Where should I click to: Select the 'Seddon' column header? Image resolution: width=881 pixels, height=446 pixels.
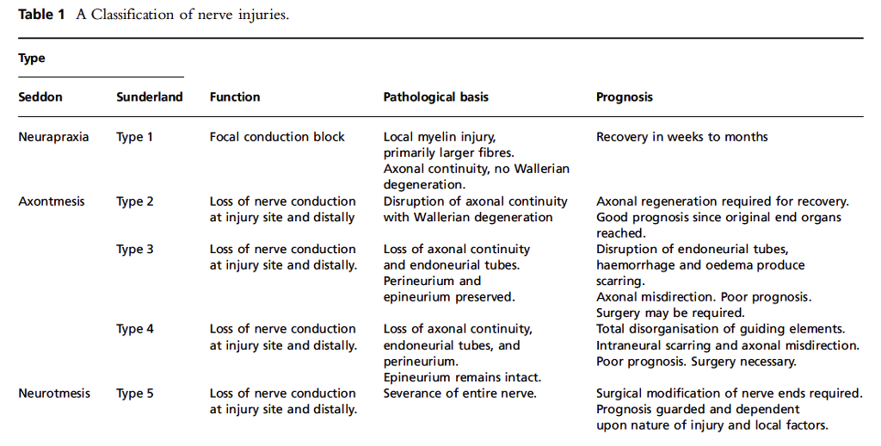[40, 97]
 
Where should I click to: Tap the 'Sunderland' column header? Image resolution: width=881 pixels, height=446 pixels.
[150, 97]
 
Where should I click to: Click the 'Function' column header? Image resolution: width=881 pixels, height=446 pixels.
[235, 97]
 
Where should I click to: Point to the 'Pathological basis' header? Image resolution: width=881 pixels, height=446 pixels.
[435, 97]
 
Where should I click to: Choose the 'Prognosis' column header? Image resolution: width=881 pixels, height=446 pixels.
[625, 97]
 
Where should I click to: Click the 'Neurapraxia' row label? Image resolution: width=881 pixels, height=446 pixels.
[53, 137]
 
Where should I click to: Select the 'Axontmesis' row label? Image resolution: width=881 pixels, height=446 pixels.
[52, 201]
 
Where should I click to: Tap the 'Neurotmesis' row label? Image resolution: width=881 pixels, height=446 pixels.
[54, 393]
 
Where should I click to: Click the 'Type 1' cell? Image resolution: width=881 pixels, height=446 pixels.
[135, 137]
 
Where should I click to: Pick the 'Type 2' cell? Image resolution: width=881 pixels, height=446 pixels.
[135, 201]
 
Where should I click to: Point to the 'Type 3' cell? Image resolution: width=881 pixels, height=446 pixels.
[135, 250]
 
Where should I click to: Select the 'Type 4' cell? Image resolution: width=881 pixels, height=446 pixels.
[135, 329]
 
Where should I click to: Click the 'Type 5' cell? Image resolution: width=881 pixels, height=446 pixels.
[135, 393]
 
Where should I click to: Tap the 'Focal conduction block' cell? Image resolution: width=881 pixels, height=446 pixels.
[277, 137]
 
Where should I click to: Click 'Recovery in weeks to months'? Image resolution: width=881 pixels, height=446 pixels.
[682, 137]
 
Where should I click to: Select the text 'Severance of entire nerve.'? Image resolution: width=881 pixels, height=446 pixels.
[459, 393]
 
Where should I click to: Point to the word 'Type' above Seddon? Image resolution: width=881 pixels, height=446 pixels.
[32, 59]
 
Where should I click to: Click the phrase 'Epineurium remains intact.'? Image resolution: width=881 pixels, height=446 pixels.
[462, 377]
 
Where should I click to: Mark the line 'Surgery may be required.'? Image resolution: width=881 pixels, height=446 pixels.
[670, 313]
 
